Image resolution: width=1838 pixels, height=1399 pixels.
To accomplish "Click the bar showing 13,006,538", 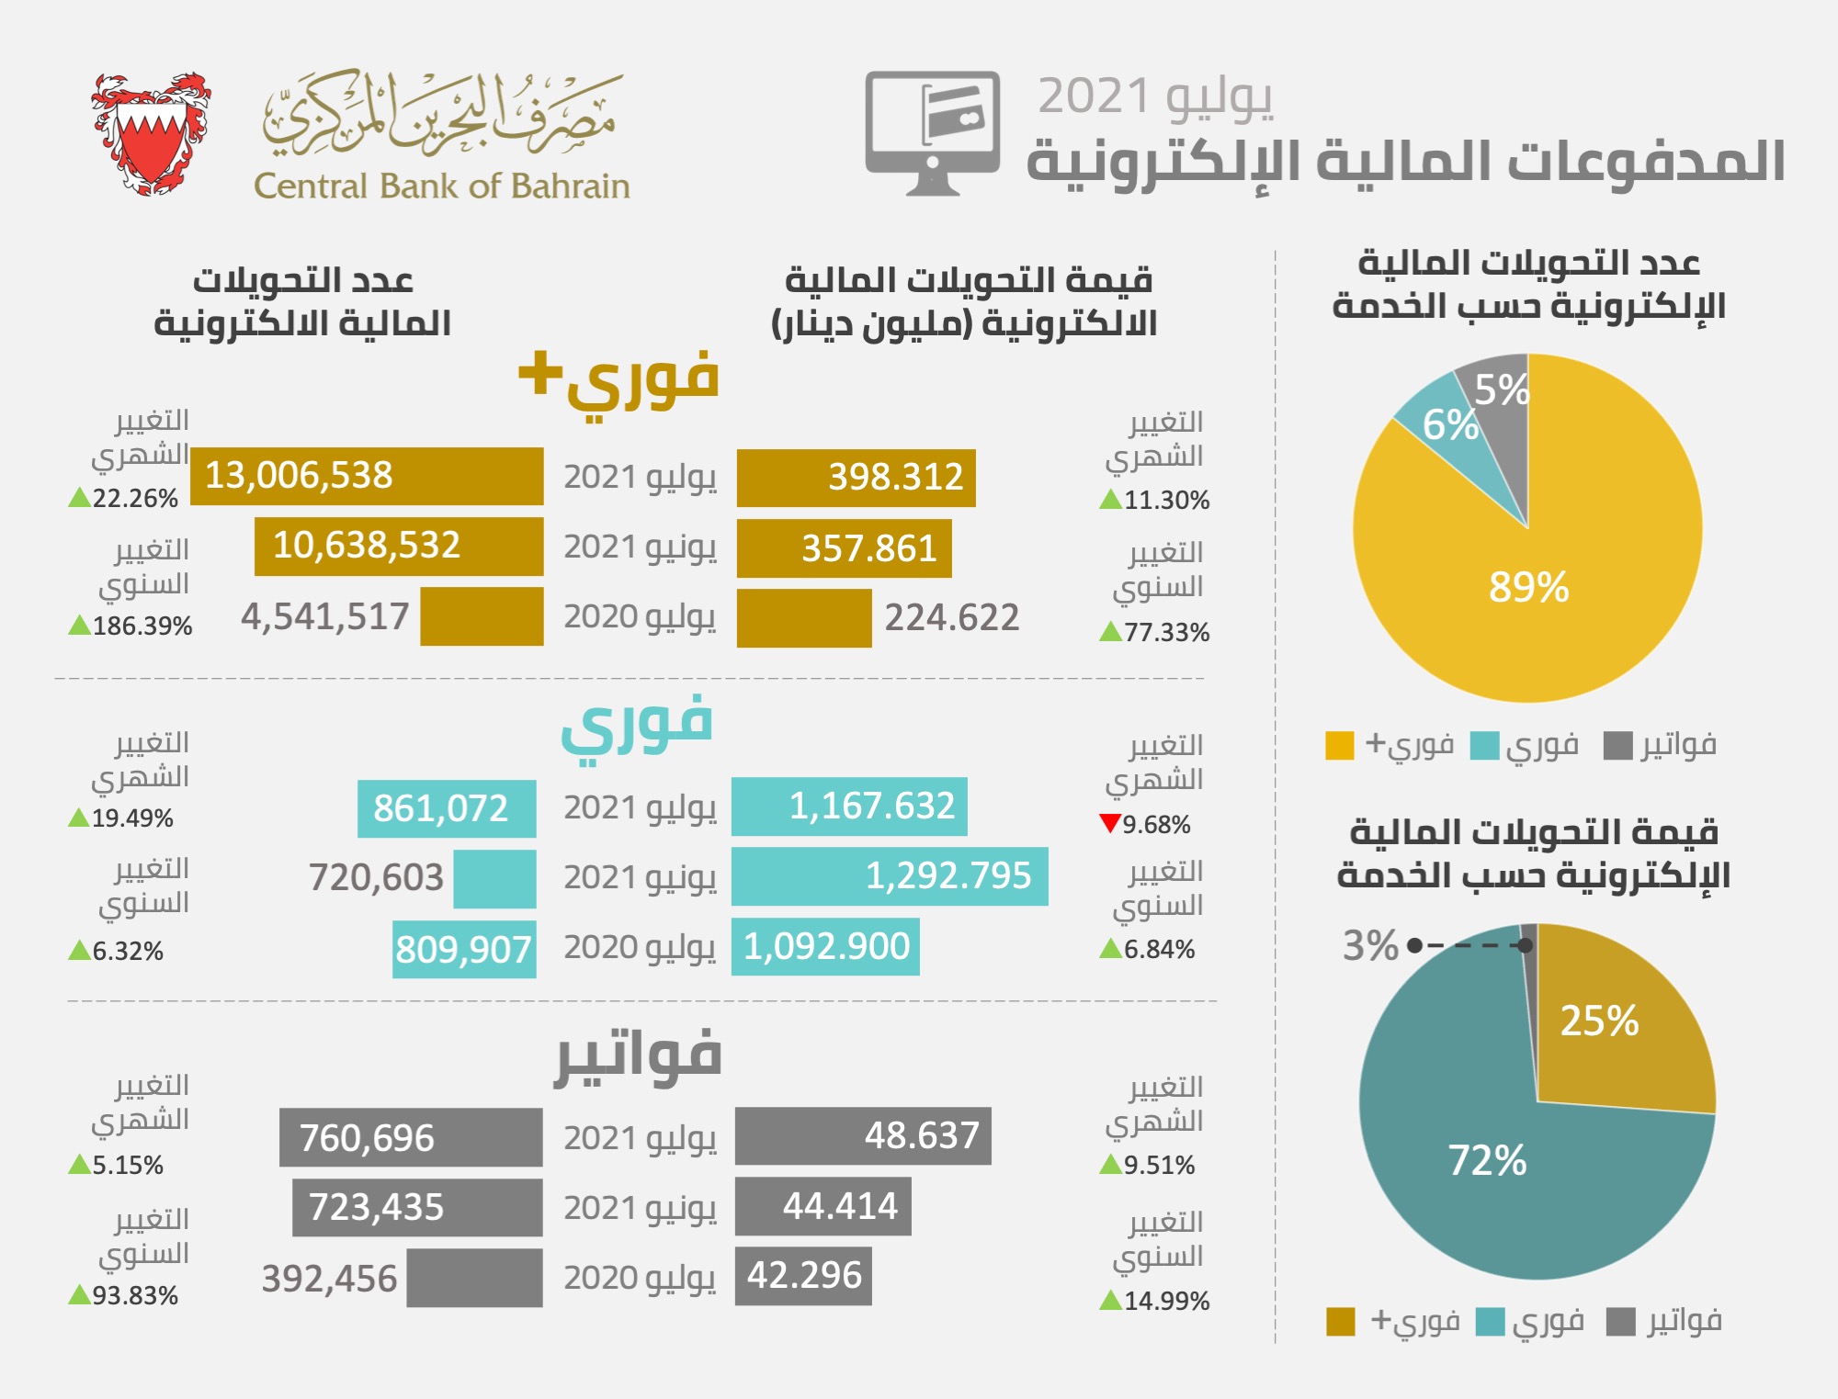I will coord(367,476).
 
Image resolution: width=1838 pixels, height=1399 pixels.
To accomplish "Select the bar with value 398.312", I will coord(856,478).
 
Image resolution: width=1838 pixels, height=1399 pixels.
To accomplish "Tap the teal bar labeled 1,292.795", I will coord(890,876).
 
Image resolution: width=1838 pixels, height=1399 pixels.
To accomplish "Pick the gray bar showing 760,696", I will coord(411,1137).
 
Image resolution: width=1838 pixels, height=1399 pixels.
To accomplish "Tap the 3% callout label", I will coord(1370,945).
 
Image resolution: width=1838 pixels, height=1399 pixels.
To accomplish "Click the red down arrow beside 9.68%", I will coord(1110,823).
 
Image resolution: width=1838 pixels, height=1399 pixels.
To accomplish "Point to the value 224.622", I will coord(952,618).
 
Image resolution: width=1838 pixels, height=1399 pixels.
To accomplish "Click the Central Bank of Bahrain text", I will coord(441,186).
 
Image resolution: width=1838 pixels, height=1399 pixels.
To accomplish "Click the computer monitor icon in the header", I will coord(932,131).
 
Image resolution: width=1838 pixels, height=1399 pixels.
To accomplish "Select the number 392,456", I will coord(329,1279).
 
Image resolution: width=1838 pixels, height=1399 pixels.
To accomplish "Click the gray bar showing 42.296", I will coord(803,1276).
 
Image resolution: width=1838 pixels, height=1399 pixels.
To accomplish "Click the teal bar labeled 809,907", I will coord(464,950).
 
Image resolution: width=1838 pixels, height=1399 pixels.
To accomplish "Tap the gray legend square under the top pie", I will coord(1617,746).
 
